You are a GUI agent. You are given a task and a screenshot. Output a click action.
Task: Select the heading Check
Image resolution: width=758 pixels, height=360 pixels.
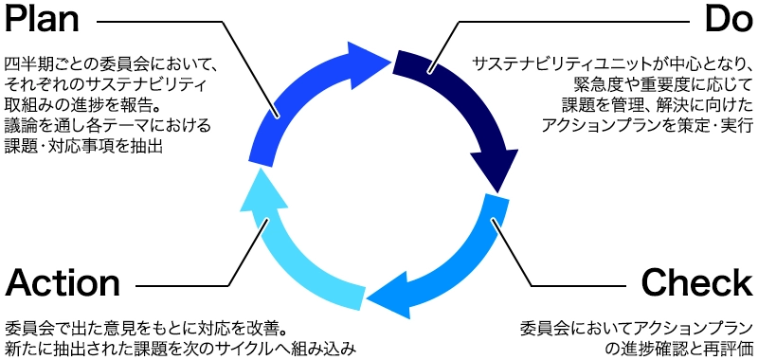click(x=696, y=281)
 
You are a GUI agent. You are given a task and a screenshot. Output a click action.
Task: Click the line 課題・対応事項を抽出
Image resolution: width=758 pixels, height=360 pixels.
click(x=85, y=147)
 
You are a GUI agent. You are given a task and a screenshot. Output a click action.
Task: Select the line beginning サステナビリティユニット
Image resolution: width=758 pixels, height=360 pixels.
click(x=612, y=63)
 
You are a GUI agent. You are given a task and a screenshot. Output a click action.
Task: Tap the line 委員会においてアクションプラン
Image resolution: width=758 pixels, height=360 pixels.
click(x=637, y=328)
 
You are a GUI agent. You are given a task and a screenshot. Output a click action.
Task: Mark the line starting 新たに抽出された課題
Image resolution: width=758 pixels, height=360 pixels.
click(x=179, y=349)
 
